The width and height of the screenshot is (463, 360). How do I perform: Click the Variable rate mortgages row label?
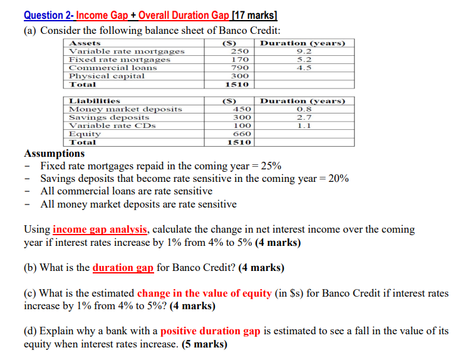(x=127, y=51)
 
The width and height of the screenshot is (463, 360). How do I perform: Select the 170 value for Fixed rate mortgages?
(x=239, y=60)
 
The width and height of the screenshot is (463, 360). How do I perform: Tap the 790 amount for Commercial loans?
(x=239, y=68)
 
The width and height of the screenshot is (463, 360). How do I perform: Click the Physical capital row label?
(x=107, y=76)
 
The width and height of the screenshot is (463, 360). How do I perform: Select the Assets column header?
(x=85, y=43)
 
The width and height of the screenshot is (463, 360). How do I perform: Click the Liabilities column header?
(x=90, y=101)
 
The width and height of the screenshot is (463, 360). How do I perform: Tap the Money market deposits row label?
(x=125, y=109)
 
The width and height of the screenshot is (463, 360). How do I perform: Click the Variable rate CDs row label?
(x=113, y=125)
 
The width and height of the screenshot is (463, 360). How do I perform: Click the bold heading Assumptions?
(x=54, y=154)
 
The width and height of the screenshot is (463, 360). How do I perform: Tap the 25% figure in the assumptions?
(x=271, y=166)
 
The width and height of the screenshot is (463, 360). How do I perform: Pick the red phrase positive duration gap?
(x=210, y=331)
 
